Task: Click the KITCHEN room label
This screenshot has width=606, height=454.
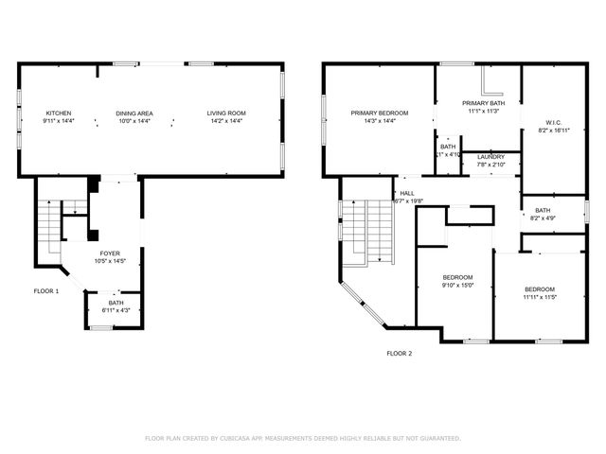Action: point(57,113)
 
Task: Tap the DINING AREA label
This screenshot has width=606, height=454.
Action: point(134,113)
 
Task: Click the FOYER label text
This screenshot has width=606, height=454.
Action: point(110,254)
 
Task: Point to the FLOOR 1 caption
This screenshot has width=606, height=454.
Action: point(46,291)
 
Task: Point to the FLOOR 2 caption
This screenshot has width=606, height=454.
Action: point(399,354)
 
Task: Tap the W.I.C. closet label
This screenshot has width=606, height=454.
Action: point(554,121)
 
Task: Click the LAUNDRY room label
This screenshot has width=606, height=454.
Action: point(490,157)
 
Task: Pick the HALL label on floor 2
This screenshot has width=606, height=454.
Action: point(407,193)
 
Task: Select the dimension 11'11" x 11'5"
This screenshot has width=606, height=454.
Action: point(540,297)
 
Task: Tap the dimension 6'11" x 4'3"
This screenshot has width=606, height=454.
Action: point(102,310)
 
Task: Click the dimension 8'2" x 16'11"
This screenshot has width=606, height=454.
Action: point(554,130)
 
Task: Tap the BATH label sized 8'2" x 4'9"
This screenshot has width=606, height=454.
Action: point(543,210)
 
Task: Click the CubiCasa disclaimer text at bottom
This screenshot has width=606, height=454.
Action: point(303,438)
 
